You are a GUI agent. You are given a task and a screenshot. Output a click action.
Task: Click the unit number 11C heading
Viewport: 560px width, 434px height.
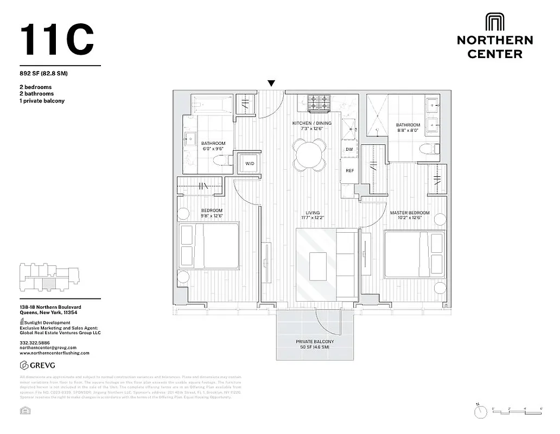(x=58, y=40)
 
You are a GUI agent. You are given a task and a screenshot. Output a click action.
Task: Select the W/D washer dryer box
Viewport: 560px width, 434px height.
(x=250, y=163)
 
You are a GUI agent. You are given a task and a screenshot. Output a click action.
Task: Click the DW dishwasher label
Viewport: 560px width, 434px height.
(x=349, y=149)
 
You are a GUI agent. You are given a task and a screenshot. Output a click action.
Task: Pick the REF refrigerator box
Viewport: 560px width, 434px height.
(x=350, y=170)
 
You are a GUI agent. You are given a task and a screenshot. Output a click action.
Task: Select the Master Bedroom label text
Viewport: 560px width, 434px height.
(x=410, y=213)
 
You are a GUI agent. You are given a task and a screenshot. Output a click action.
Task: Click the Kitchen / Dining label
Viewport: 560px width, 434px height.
(x=311, y=123)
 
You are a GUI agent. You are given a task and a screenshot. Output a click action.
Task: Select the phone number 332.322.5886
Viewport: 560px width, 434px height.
(x=34, y=343)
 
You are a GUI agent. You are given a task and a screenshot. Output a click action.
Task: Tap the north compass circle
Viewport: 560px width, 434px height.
(x=480, y=412)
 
